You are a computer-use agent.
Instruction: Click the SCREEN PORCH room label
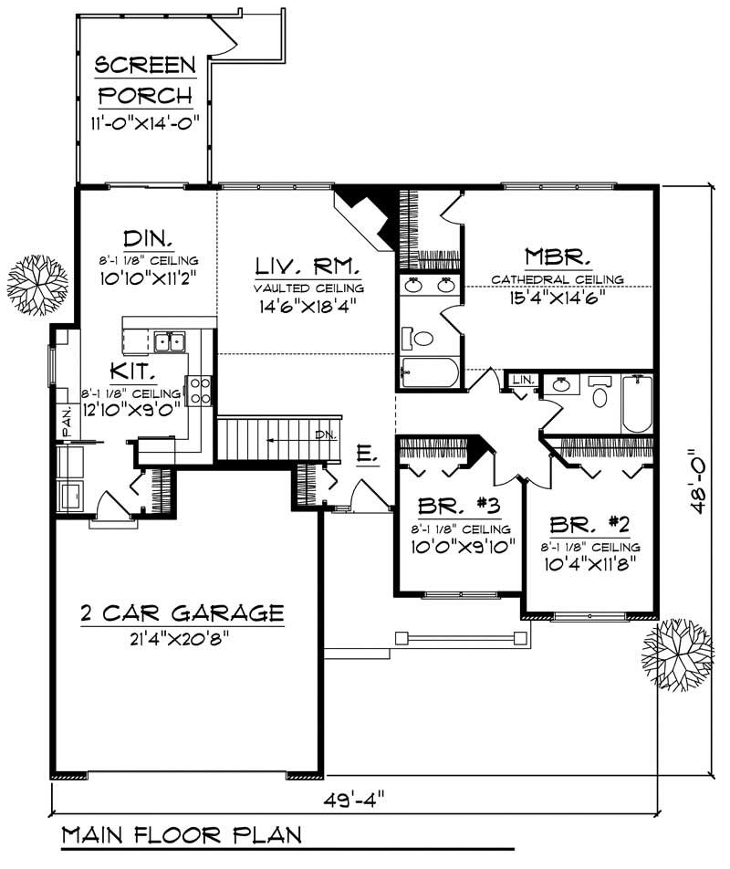[x=146, y=79]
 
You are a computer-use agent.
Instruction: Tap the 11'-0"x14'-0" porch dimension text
[x=146, y=122]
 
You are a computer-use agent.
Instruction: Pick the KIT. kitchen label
[x=136, y=372]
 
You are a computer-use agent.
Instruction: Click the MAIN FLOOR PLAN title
[x=182, y=835]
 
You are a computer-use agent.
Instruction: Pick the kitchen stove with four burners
[x=199, y=391]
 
